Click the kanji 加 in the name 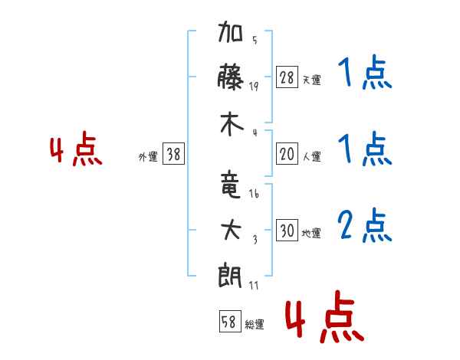(230, 31)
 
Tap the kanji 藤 (230, 77)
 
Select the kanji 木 (232, 124)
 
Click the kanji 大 (231, 230)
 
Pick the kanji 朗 (230, 275)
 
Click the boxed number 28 (287, 77)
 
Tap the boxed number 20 (287, 153)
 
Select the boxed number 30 (287, 230)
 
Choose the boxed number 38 (173, 153)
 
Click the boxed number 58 (230, 322)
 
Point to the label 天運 (312, 80)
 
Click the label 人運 (312, 156)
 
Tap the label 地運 (311, 233)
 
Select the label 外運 (148, 157)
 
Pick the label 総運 (255, 325)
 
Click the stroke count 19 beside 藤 (254, 87)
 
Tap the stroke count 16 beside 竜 (254, 193)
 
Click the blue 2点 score (365, 225)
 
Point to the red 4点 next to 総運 (325, 316)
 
